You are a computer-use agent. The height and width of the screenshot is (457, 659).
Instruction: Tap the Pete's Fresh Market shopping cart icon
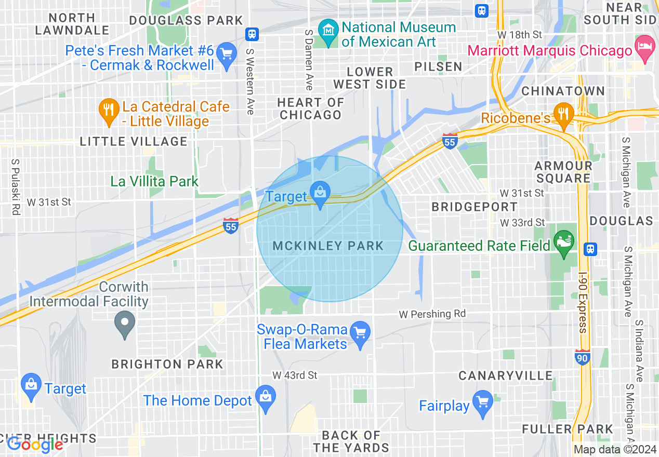(226, 57)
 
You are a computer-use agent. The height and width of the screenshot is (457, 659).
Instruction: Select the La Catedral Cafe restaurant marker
(108, 113)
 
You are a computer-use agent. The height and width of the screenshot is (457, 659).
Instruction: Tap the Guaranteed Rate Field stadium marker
(563, 245)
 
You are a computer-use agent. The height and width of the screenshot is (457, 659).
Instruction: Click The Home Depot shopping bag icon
(266, 399)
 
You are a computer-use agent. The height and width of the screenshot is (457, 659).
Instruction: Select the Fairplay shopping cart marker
(483, 405)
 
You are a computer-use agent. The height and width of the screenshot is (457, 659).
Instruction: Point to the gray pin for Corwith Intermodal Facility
(125, 325)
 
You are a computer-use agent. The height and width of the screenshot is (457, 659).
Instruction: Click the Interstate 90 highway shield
(582, 357)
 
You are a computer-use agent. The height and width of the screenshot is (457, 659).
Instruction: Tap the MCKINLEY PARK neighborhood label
(328, 246)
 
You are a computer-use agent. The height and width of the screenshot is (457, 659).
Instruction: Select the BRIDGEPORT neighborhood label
(475, 207)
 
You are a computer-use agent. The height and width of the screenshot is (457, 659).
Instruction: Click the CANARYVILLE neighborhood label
(505, 375)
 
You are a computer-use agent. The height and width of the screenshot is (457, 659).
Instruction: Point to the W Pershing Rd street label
(432, 314)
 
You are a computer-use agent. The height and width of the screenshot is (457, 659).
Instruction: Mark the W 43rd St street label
(295, 375)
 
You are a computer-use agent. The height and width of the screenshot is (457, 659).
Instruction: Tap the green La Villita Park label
(154, 181)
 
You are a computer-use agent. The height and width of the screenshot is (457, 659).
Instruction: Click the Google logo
(35, 444)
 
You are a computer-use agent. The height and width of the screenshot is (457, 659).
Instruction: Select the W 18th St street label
(519, 34)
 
